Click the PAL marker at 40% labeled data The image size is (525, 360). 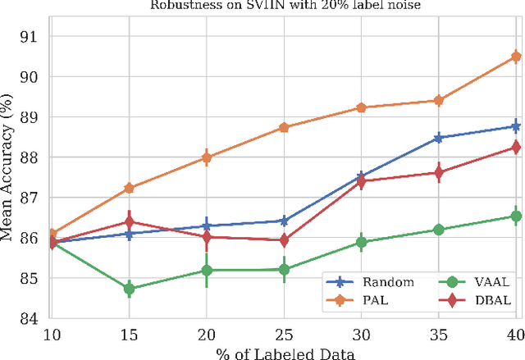516,57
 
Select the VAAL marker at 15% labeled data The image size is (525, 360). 129,289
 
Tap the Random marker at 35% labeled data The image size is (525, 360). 439,138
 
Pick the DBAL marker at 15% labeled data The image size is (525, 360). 129,221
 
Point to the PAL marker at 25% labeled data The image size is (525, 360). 284,127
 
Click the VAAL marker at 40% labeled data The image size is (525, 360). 516,216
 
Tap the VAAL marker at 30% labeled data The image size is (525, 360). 361,242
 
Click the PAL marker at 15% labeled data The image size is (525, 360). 129,188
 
